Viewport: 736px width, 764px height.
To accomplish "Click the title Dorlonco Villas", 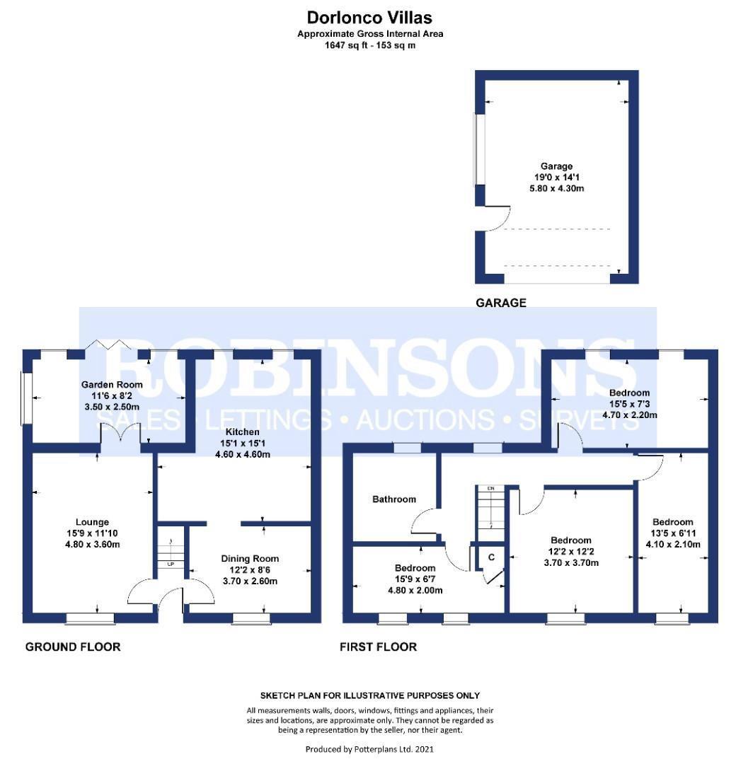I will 369,17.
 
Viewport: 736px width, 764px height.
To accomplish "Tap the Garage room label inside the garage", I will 556,167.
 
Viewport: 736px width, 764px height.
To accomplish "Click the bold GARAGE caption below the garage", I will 500,303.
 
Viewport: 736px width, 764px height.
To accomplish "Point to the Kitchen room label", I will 242,432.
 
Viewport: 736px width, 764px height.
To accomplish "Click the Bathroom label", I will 394,499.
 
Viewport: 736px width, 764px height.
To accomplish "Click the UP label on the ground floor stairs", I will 171,565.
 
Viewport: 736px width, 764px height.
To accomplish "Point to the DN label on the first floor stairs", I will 489,489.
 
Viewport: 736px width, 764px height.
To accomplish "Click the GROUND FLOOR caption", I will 73,647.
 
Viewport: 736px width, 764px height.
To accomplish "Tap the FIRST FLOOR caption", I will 378,647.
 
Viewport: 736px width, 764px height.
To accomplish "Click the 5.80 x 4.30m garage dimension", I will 556,189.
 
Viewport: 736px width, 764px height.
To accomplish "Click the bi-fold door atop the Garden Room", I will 108,345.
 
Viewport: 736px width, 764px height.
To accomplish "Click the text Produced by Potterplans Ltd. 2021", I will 370,748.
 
